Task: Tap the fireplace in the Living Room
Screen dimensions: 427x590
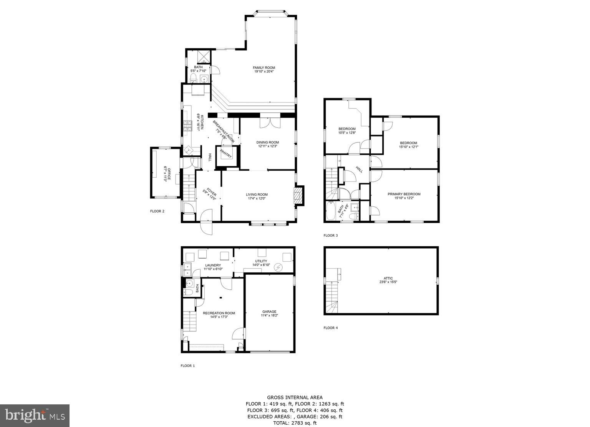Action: coord(298,196)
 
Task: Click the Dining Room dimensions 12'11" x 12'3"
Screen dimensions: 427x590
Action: coord(267,146)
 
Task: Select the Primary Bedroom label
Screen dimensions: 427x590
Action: coord(404,194)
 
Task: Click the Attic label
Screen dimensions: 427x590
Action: coord(388,279)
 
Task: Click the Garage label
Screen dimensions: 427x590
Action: coord(269,312)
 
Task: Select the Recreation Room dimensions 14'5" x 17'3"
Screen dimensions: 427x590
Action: coord(219,317)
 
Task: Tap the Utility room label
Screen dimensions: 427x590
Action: coord(261,261)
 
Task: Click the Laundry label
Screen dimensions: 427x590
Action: coord(213,265)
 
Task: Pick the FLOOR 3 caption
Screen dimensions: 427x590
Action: coord(330,236)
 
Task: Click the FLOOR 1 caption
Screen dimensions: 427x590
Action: coord(187,366)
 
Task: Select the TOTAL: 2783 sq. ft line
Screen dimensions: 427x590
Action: coord(295,423)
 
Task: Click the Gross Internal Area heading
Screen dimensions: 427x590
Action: coord(295,397)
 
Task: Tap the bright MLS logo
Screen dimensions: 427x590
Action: coord(35,415)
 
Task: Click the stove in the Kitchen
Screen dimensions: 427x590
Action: coord(187,126)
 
